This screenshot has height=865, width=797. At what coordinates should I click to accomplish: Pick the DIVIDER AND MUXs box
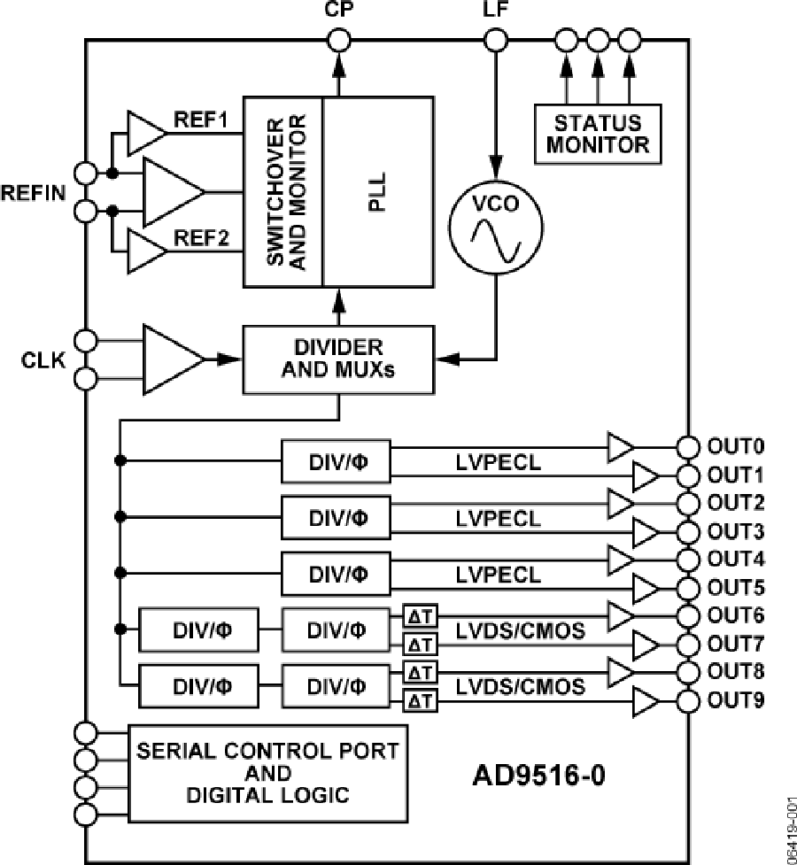click(x=339, y=358)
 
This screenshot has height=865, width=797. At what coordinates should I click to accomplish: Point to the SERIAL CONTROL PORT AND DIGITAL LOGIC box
click(x=267, y=772)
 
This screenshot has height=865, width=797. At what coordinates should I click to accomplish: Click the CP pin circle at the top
click(x=338, y=40)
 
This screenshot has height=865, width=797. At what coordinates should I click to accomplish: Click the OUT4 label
click(x=733, y=560)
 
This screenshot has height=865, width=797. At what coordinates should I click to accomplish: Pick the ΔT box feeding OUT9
click(x=418, y=701)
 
